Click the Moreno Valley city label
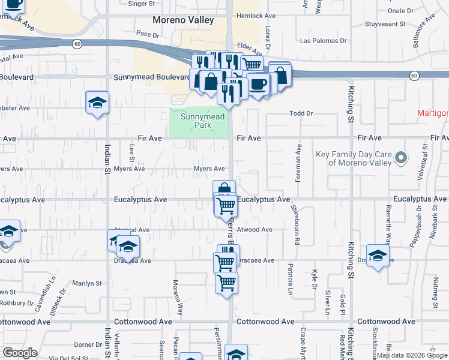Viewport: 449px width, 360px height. click(183, 20)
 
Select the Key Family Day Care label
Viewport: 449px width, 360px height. click(354, 158)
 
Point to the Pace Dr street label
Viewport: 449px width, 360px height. click(148, 34)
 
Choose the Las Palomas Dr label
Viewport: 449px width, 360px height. click(323, 41)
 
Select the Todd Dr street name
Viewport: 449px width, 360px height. click(301, 113)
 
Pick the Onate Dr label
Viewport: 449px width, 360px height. click(400, 11)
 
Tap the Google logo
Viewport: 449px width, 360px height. click(20, 353)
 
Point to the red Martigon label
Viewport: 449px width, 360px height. click(433, 113)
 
